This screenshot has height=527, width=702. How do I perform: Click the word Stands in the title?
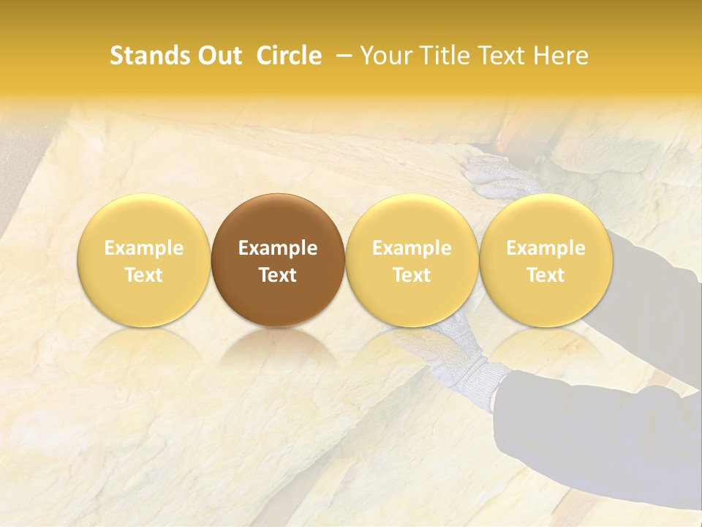tap(148, 56)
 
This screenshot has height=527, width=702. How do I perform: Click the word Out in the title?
tap(217, 56)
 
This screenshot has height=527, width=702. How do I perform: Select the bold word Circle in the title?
tap(289, 56)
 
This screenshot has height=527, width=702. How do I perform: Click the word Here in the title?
tap(559, 56)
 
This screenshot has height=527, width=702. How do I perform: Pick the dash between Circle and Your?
tap(341, 56)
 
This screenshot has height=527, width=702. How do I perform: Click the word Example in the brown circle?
tap(278, 248)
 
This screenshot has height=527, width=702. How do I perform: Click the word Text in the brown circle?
tap(278, 275)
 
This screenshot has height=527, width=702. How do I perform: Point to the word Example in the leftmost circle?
tap(144, 248)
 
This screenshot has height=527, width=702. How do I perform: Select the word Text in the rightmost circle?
tap(546, 275)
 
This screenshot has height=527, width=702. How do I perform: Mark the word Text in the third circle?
tap(412, 275)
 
